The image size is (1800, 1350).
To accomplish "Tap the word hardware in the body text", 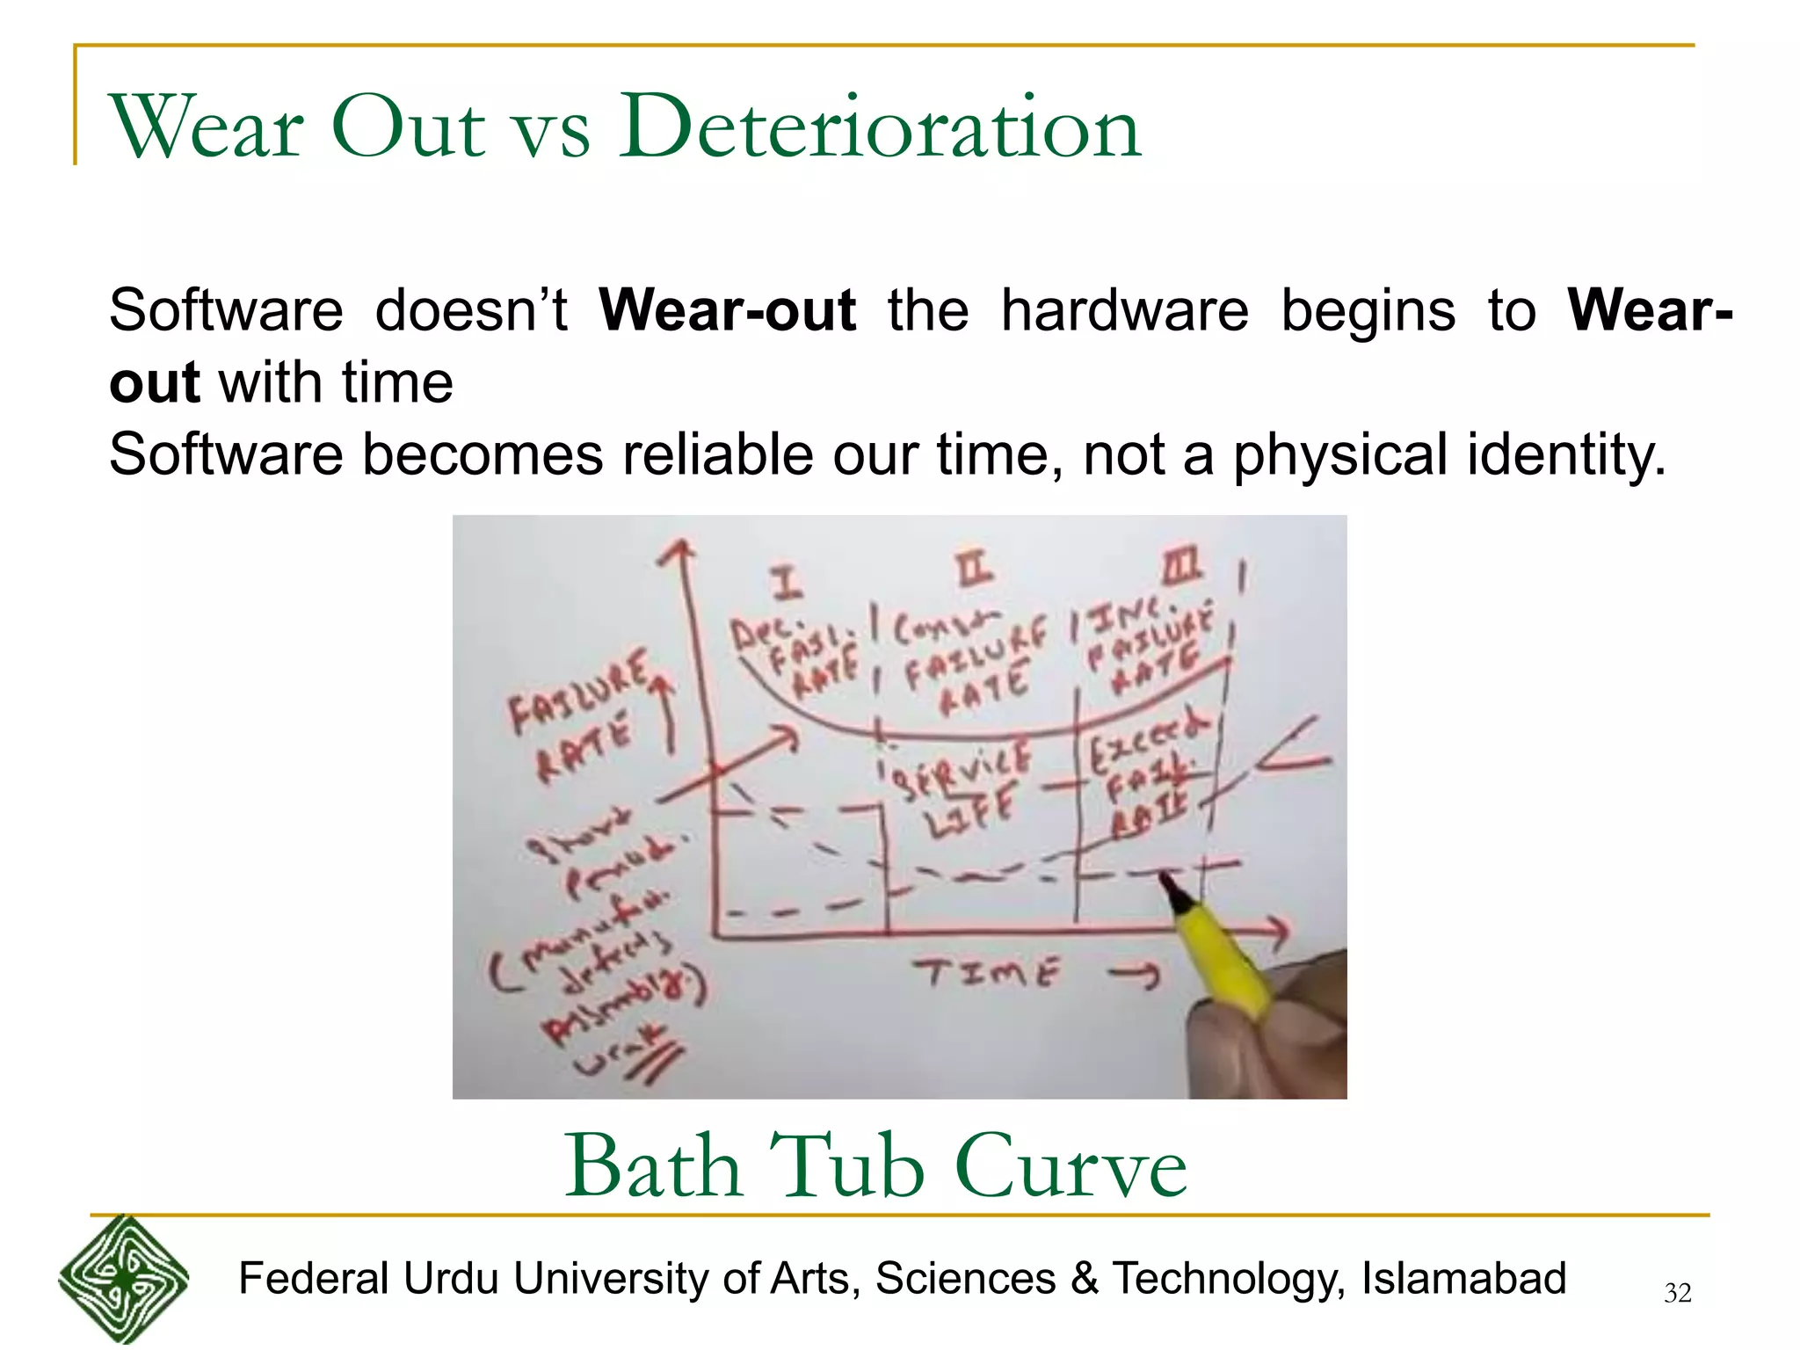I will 1124,310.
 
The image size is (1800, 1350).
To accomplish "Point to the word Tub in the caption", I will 846,1165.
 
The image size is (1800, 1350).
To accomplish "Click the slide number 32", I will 1677,1293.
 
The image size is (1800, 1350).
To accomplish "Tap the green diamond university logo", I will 123,1280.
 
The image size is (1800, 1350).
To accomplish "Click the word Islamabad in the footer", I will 1463,1278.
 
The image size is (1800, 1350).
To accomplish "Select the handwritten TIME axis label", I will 986,973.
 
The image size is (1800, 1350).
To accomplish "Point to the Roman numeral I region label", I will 787,582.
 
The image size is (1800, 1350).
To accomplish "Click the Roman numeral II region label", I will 975,570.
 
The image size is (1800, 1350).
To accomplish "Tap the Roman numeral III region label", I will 1182,568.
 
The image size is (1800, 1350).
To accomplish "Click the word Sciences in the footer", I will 965,1278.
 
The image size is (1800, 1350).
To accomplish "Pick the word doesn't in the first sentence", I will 471,310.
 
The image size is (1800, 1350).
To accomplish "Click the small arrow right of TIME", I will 1134,974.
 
